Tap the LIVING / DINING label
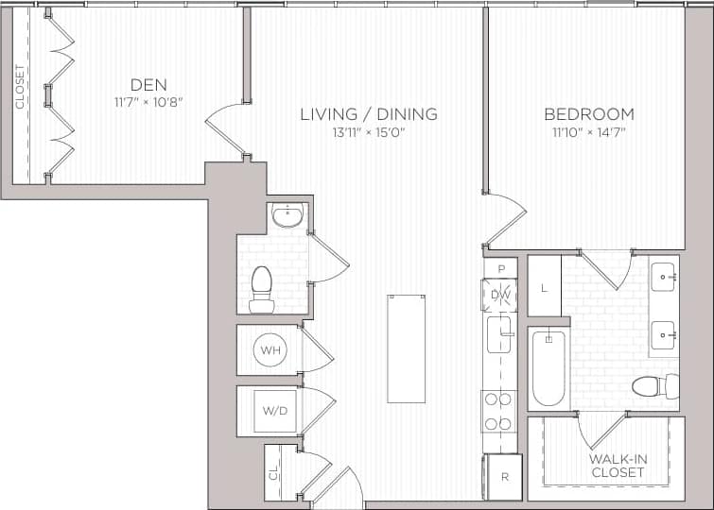tap(368, 114)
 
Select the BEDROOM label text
tap(588, 114)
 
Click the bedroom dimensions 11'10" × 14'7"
tap(588, 132)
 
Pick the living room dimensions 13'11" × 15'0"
tap(368, 132)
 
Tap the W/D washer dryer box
tap(275, 411)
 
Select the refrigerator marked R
tap(504, 477)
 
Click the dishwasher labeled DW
tap(500, 296)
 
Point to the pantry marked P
tap(501, 268)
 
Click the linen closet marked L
tap(545, 287)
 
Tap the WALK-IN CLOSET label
tap(618, 465)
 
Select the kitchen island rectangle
tap(406, 348)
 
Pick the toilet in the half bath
tap(261, 288)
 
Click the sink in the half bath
tap(286, 216)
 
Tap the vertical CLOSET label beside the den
tap(19, 87)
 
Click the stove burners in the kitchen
tap(497, 412)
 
